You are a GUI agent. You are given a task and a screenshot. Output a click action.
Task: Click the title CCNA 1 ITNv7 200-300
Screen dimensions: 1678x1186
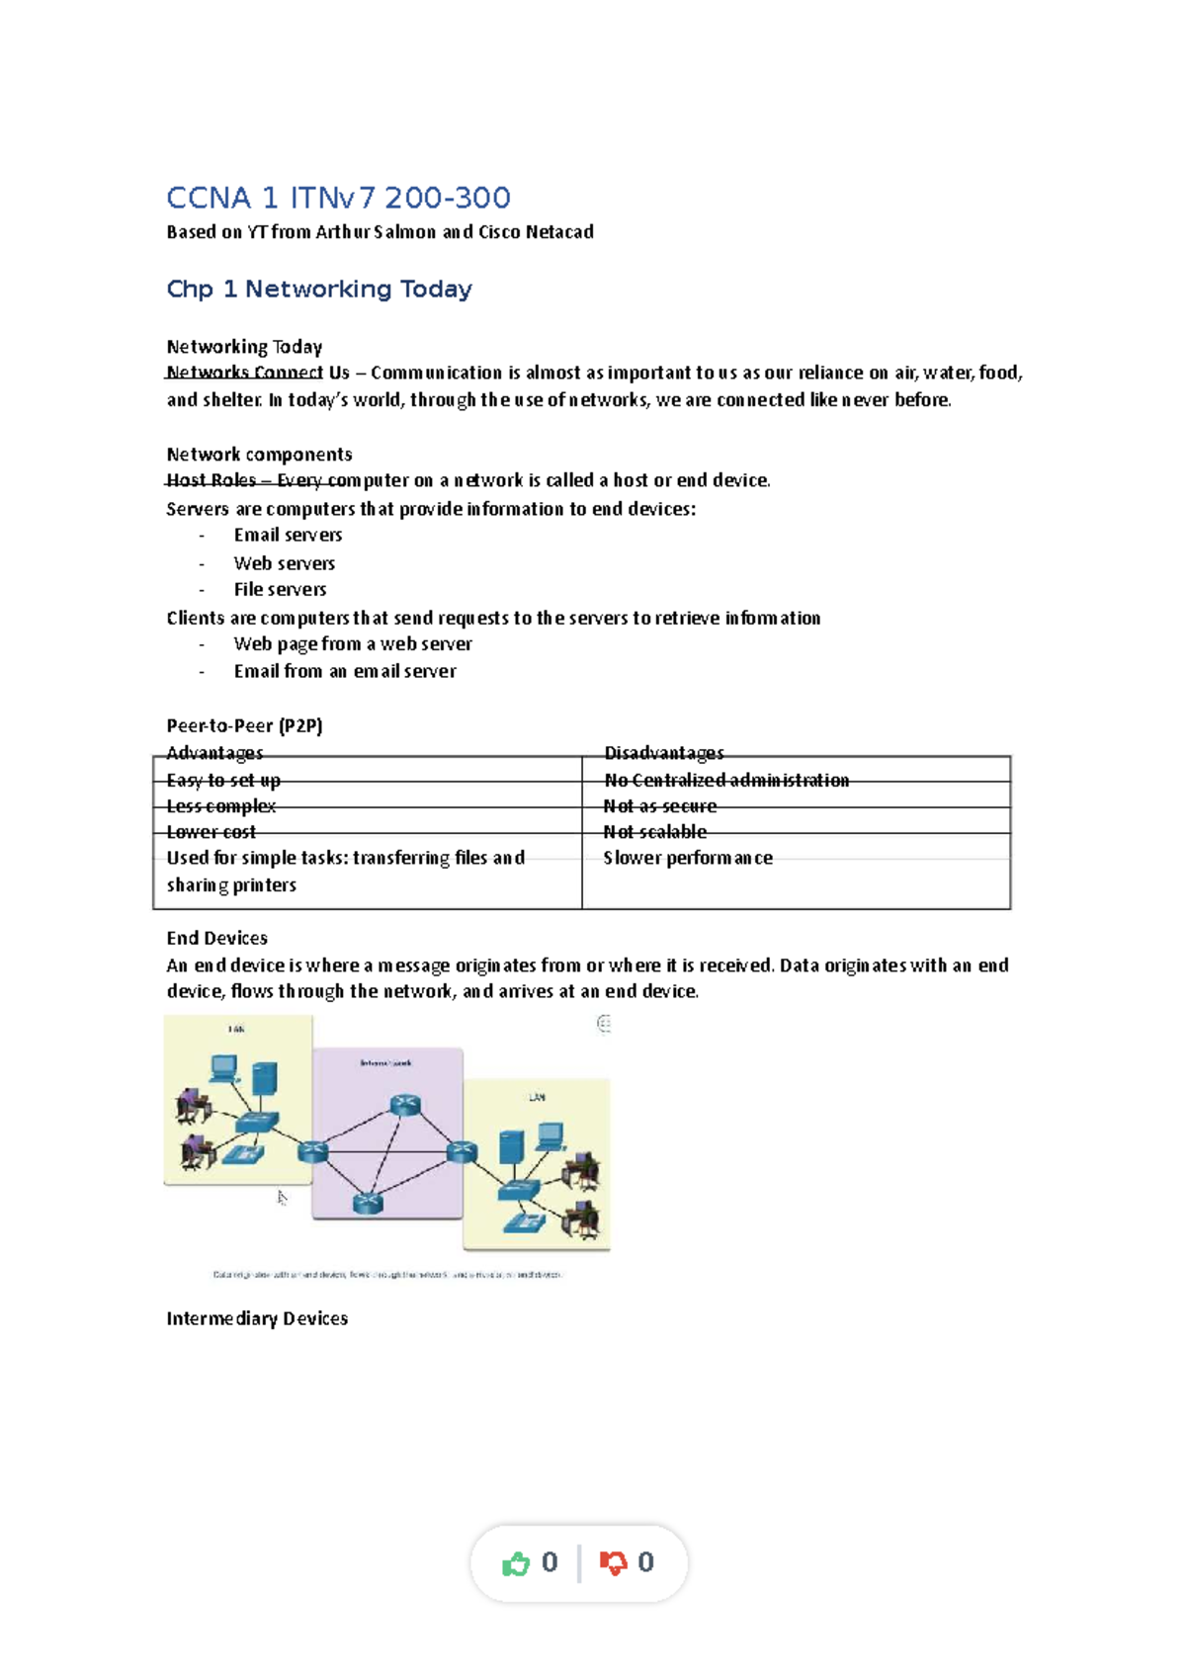(338, 198)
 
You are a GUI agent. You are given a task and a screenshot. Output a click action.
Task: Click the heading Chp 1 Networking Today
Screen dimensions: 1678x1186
(318, 289)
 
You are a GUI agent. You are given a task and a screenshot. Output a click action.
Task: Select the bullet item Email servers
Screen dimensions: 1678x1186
(288, 535)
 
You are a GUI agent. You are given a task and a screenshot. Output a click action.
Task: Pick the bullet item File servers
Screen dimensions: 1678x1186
(280, 589)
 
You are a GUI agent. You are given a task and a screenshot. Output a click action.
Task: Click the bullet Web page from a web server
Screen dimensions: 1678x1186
(353, 643)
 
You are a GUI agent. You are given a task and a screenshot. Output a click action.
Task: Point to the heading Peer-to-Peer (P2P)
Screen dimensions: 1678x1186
(244, 725)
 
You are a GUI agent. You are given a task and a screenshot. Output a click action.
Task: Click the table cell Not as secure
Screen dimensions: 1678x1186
(660, 806)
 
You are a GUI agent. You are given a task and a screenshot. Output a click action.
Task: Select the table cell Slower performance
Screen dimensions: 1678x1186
(688, 858)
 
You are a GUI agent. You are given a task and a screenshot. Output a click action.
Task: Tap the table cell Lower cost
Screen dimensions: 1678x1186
(211, 832)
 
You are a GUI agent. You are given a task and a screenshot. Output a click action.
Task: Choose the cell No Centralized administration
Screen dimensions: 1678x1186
(726, 780)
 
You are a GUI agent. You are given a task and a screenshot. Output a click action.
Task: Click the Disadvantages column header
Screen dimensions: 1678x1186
(663, 753)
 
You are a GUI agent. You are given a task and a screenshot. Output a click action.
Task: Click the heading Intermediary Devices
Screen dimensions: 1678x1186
(257, 1318)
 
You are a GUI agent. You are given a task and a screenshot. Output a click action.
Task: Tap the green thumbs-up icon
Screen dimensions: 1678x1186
(516, 1563)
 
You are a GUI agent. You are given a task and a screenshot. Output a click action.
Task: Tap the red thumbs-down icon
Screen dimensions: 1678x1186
(613, 1563)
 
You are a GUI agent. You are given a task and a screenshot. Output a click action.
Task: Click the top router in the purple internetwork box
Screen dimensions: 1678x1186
(405, 1106)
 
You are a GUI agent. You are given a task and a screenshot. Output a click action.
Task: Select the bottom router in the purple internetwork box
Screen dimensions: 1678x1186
(368, 1203)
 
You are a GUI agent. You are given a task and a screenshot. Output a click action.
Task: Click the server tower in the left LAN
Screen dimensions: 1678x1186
(264, 1078)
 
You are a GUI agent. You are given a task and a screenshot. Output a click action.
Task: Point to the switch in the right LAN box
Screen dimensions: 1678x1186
(518, 1189)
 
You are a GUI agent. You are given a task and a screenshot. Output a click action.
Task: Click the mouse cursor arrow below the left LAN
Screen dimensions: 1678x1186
(282, 1198)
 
